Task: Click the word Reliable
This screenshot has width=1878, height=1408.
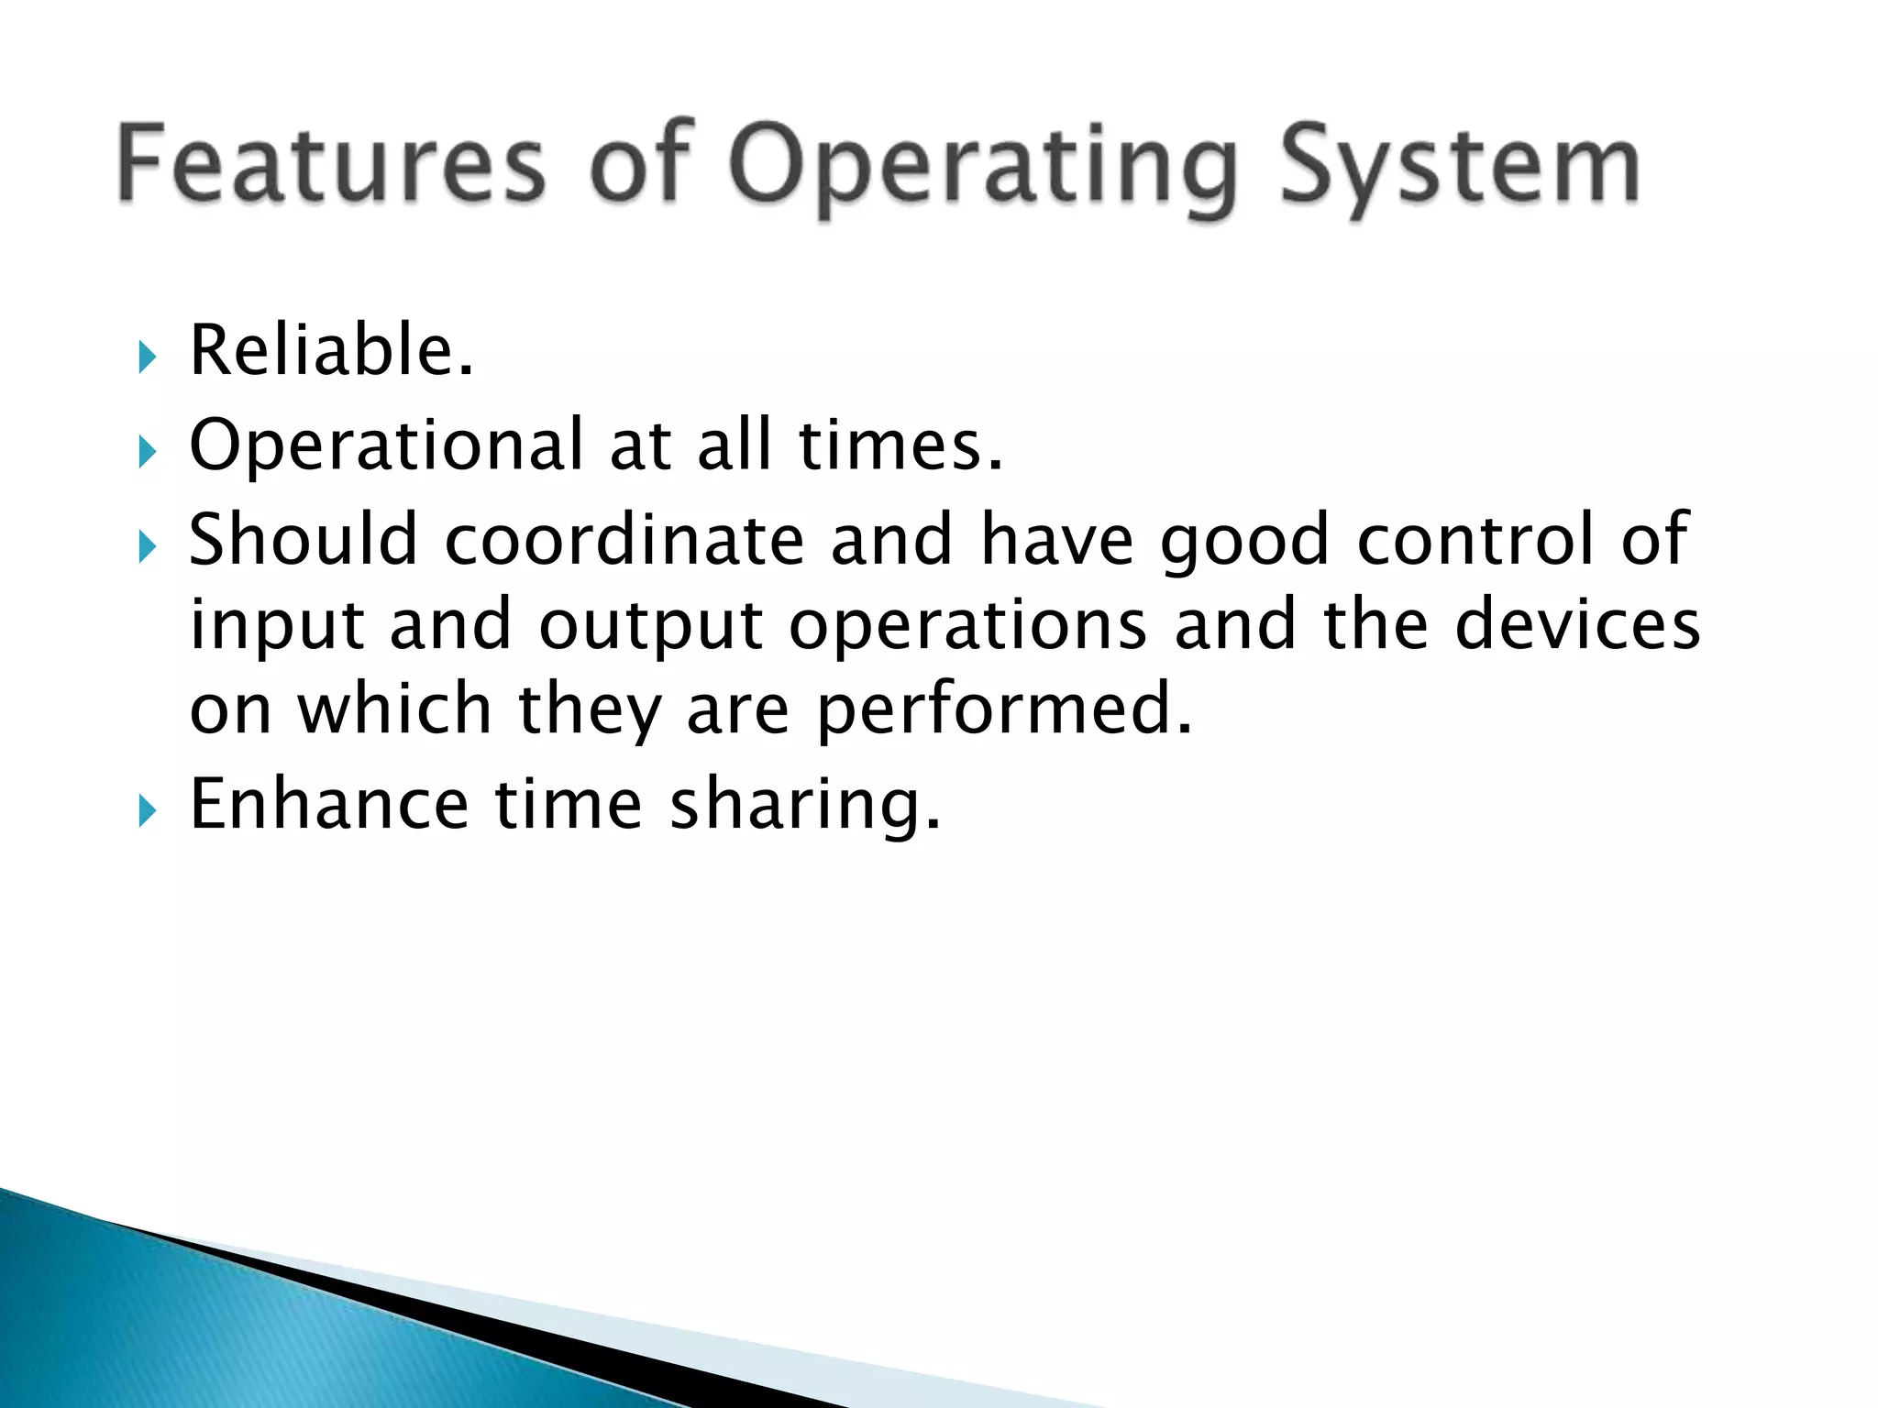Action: click(x=331, y=350)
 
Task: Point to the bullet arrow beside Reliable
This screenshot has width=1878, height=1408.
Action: click(x=148, y=357)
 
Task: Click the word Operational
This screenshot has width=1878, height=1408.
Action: click(x=386, y=445)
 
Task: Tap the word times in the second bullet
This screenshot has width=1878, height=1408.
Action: click(x=900, y=445)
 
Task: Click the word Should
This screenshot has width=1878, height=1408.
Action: click(x=304, y=539)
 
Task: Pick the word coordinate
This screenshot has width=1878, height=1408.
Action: click(x=624, y=539)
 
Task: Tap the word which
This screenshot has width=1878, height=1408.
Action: click(x=395, y=709)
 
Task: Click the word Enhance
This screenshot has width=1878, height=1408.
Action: click(x=329, y=804)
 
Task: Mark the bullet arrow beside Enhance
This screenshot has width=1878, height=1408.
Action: click(x=148, y=811)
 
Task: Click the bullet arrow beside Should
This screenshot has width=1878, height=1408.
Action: click(x=148, y=547)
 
